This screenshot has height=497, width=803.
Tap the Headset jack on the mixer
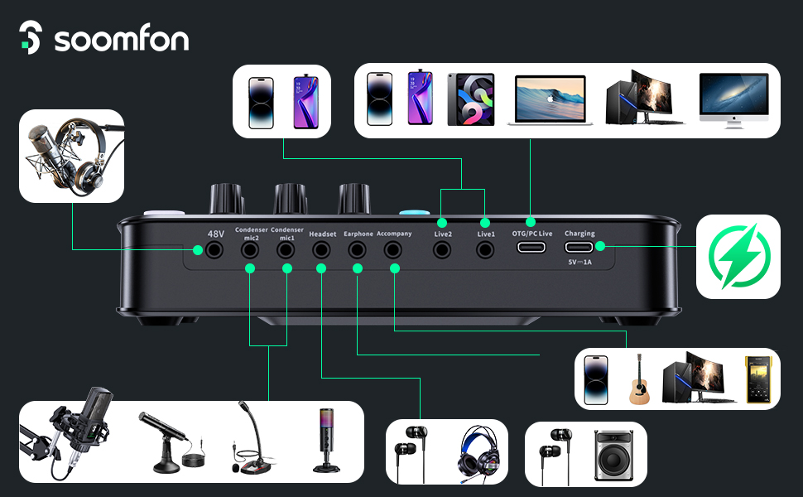(321, 249)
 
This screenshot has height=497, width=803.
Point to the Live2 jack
(442, 248)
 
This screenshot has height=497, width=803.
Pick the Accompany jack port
(394, 249)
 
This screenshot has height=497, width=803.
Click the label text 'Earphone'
(358, 234)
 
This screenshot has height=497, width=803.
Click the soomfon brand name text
(122, 40)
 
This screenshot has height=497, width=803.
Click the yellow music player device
(758, 379)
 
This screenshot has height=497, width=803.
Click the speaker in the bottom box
(614, 454)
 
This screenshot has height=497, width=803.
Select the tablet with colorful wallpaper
(470, 99)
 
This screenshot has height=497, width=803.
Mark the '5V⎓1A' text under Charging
(579, 262)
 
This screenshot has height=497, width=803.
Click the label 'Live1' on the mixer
(485, 234)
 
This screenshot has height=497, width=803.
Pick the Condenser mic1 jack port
(286, 249)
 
